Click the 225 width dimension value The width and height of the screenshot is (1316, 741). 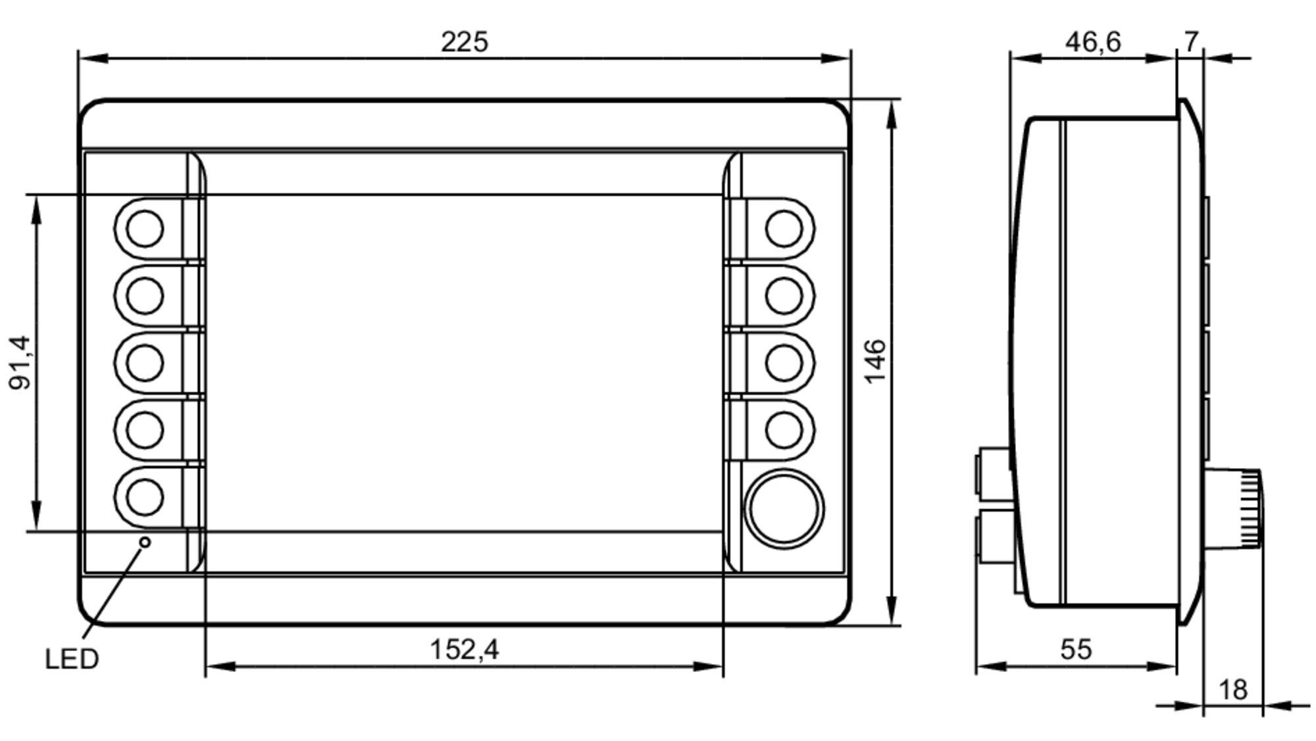[x=464, y=42]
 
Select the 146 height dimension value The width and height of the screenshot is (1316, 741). [x=875, y=361]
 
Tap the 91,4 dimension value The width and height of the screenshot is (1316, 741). [x=20, y=362]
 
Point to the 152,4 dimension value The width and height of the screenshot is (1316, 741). [x=464, y=650]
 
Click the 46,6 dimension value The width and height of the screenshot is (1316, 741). [x=1092, y=42]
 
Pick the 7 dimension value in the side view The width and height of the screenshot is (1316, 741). [x=1191, y=42]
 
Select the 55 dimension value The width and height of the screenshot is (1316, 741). [x=1076, y=650]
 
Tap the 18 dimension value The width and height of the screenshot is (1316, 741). [x=1232, y=690]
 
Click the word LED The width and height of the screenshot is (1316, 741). [x=72, y=659]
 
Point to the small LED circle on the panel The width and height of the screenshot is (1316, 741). [x=145, y=542]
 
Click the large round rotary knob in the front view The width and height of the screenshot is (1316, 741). [x=784, y=509]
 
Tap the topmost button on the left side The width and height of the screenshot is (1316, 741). [x=145, y=229]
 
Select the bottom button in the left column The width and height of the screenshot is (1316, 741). [x=145, y=497]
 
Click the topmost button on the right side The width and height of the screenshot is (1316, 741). [x=784, y=229]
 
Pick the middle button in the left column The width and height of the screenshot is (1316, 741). [x=145, y=363]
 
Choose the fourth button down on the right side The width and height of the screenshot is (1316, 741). [x=784, y=430]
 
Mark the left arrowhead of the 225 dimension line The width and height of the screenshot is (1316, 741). [x=92, y=59]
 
